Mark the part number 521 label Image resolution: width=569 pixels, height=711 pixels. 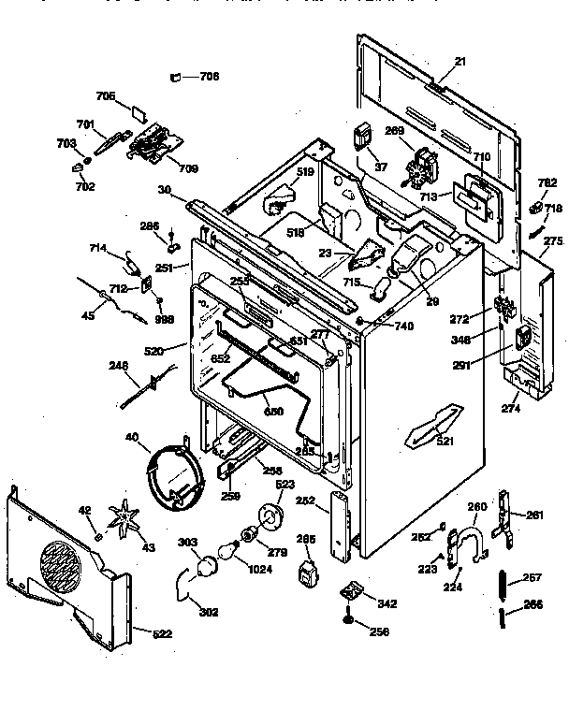(x=444, y=441)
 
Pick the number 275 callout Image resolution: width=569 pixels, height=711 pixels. (x=553, y=240)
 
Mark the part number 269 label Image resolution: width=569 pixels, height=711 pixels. (x=395, y=132)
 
